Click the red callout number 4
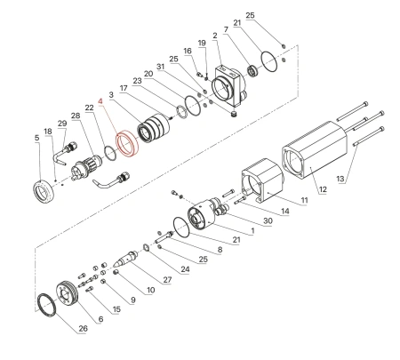[x=101, y=103]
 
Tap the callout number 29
[x=61, y=124]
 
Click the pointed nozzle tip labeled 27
[x=132, y=259]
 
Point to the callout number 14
[x=285, y=212]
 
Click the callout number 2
[x=215, y=35]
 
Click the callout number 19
[x=202, y=43]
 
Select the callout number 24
[x=185, y=269]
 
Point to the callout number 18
[x=49, y=131]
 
